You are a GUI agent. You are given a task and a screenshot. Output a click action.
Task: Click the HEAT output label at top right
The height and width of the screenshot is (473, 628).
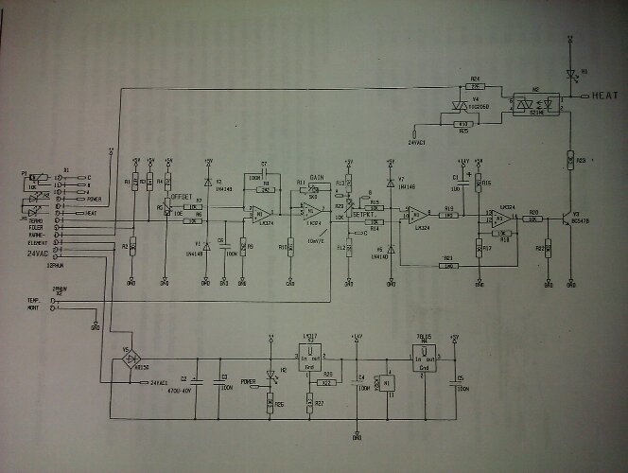606,96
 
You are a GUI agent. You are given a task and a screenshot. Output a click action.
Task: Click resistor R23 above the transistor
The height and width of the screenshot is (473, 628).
570,163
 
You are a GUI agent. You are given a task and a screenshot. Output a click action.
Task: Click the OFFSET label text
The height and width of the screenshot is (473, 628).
181,196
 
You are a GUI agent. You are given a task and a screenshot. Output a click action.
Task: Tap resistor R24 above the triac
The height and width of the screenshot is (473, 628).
476,83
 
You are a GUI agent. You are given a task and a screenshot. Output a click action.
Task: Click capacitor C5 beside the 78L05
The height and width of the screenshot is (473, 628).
456,385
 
